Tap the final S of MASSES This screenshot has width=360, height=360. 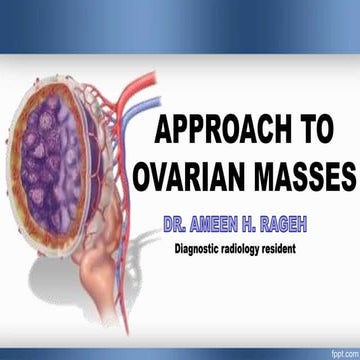(x=347, y=177)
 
